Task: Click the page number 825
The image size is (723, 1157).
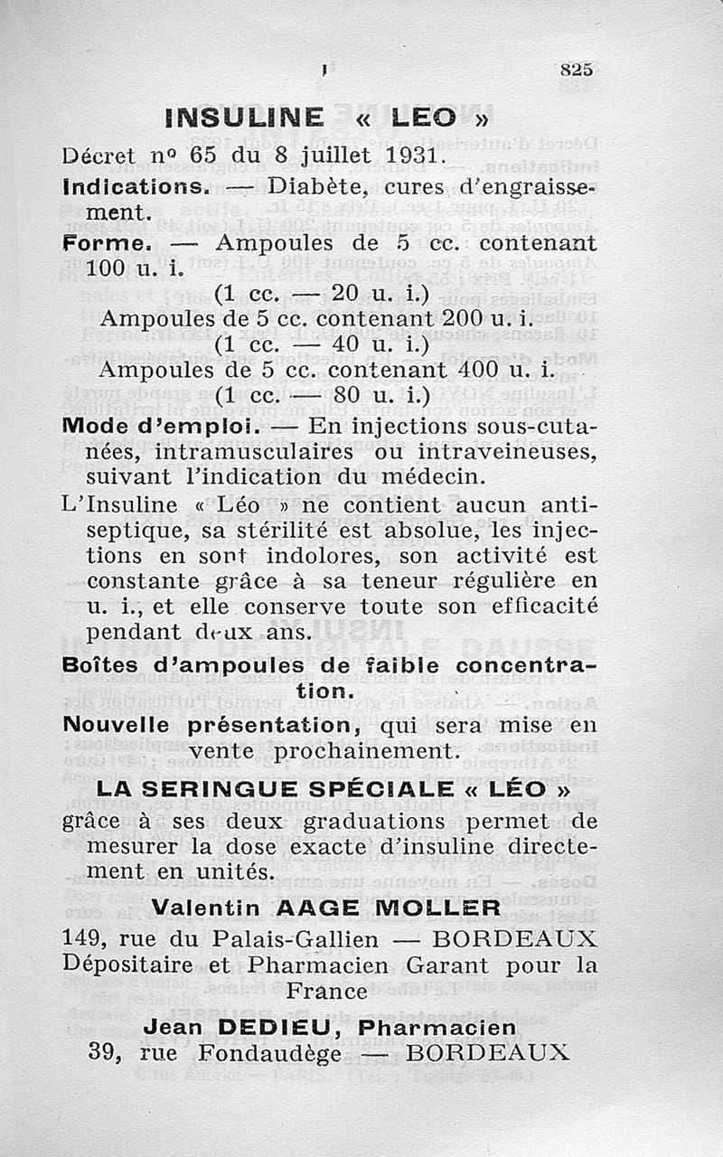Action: click(x=576, y=70)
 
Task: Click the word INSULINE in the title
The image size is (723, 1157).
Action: click(x=244, y=118)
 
